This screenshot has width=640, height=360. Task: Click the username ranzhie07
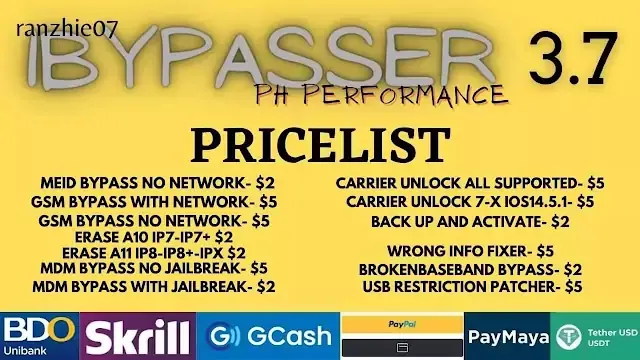point(67,29)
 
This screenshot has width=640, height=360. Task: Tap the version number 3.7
point(573,58)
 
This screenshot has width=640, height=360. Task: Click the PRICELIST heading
point(320,145)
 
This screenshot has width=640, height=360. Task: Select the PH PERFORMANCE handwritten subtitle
point(382,96)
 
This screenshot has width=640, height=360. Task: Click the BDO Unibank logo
point(40,336)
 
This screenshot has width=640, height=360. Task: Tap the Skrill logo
point(138,336)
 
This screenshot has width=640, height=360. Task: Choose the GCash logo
point(268,336)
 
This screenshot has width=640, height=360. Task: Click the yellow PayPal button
point(402,324)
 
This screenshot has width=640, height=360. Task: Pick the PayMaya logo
point(507,336)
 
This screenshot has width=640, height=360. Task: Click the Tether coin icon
point(569,337)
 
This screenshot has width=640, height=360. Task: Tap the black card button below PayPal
point(402,348)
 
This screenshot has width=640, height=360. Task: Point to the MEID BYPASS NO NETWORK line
point(158,183)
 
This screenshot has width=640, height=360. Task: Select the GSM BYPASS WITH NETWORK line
point(154,202)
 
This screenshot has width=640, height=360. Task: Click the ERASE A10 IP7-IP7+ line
point(154,237)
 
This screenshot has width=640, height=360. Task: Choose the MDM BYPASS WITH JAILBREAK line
point(154,287)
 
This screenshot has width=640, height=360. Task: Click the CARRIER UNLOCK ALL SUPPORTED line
point(470,183)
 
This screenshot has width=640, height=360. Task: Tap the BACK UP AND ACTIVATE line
point(470,222)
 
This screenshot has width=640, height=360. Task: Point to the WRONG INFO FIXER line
point(470,251)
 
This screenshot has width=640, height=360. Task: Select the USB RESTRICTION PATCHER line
point(472,287)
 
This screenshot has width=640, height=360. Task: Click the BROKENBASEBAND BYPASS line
point(470,269)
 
